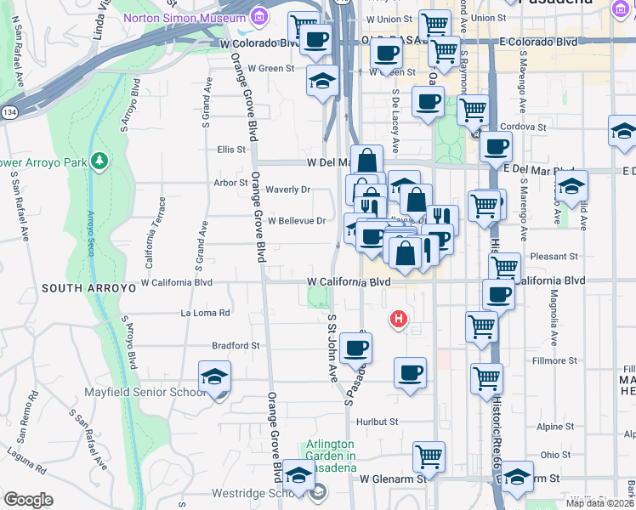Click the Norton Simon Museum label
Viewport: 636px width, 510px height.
(188, 17)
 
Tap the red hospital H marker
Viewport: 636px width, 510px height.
(397, 320)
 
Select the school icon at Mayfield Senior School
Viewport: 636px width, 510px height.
(215, 377)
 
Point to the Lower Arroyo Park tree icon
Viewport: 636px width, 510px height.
(99, 161)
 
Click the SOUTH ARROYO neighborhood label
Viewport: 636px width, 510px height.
(88, 288)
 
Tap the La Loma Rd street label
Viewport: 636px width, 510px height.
(206, 313)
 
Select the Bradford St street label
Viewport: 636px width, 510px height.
(236, 346)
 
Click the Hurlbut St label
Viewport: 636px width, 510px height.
(378, 421)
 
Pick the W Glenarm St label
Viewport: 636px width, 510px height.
(391, 479)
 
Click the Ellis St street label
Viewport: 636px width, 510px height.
(230, 149)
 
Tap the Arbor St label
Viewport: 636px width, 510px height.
(230, 182)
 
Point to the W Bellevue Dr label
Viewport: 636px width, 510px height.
(297, 220)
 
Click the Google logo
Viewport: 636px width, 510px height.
(28, 499)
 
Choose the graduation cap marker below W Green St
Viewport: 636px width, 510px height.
(322, 82)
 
